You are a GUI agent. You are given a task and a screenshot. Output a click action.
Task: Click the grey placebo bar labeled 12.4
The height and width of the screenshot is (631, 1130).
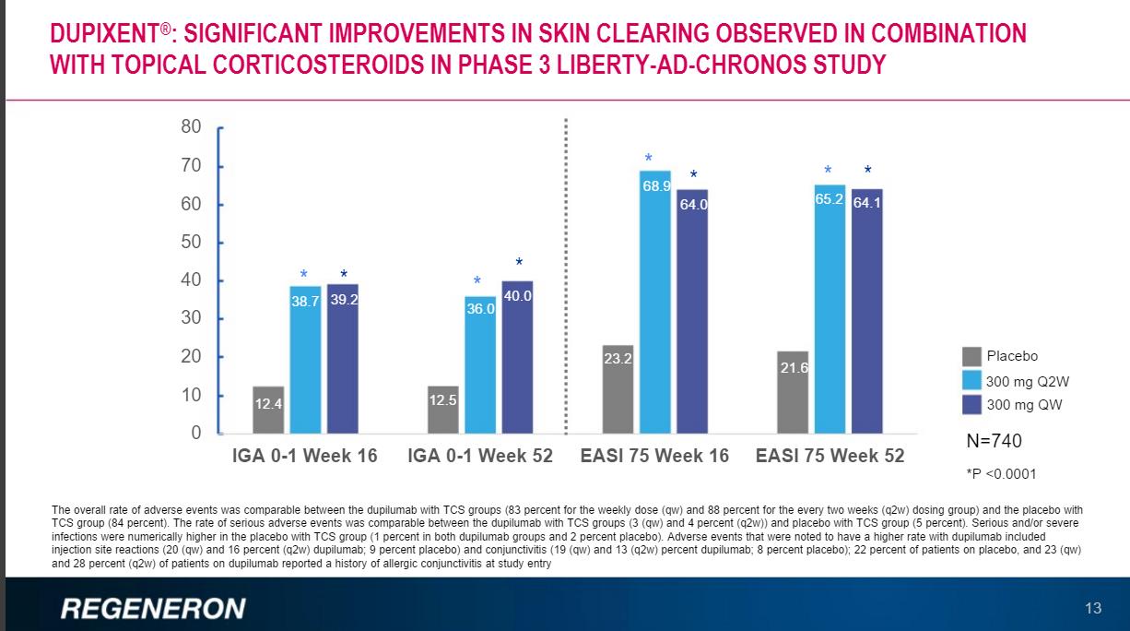(268, 410)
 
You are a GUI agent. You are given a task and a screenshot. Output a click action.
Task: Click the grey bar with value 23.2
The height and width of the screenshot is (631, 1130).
(618, 388)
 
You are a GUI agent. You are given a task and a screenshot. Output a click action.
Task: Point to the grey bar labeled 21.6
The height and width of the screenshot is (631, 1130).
(793, 392)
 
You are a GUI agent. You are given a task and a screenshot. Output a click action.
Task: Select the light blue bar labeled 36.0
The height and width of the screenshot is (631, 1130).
(480, 364)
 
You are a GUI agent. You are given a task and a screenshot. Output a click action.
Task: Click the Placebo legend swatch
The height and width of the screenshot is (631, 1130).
(971, 356)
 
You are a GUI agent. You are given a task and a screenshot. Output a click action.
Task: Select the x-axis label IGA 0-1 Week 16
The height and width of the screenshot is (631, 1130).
(302, 456)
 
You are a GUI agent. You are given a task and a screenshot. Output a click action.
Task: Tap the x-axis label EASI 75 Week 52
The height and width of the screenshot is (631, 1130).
(830, 456)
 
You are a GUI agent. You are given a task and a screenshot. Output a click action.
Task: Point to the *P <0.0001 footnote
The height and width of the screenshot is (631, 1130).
(1001, 474)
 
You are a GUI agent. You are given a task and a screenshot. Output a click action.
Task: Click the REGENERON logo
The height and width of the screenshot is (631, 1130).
(153, 608)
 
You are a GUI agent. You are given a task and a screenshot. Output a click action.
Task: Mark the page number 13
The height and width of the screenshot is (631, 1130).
(1093, 608)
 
